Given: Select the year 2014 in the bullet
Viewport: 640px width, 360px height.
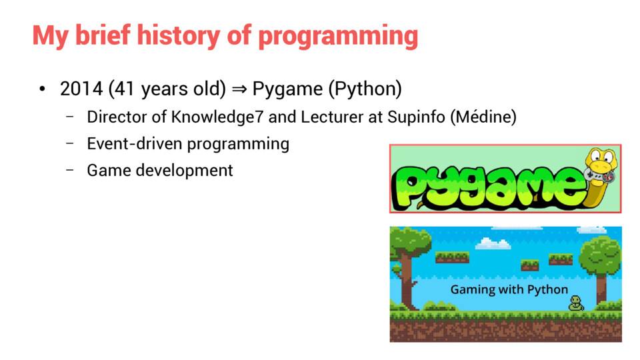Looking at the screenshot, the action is click(x=81, y=89).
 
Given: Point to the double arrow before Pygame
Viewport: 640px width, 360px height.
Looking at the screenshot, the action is click(x=239, y=89).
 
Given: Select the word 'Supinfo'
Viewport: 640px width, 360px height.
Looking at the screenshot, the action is click(x=416, y=117).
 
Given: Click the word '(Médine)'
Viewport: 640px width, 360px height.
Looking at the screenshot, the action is click(x=483, y=117).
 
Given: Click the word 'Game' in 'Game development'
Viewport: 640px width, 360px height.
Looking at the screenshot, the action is click(x=108, y=170).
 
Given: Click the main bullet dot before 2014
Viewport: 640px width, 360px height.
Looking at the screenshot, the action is click(x=42, y=89).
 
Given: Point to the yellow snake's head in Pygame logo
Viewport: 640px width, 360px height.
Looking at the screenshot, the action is click(x=601, y=161).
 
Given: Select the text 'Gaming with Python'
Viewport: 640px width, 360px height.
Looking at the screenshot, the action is click(x=509, y=290).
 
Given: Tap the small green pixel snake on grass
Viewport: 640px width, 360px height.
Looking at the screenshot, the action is click(x=576, y=303).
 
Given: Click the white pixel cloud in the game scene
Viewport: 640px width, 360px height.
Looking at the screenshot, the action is click(x=493, y=243).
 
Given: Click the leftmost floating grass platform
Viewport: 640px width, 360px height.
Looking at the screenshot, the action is click(x=452, y=257).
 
